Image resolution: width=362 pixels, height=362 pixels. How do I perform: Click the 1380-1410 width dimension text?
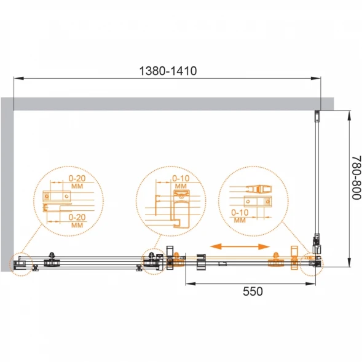click(x=168, y=71)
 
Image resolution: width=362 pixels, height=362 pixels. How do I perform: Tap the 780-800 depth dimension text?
click(x=356, y=178)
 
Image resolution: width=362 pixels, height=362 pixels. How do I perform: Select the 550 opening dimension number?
click(x=253, y=291)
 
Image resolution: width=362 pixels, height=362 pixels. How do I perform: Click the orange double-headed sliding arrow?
click(x=240, y=246)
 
